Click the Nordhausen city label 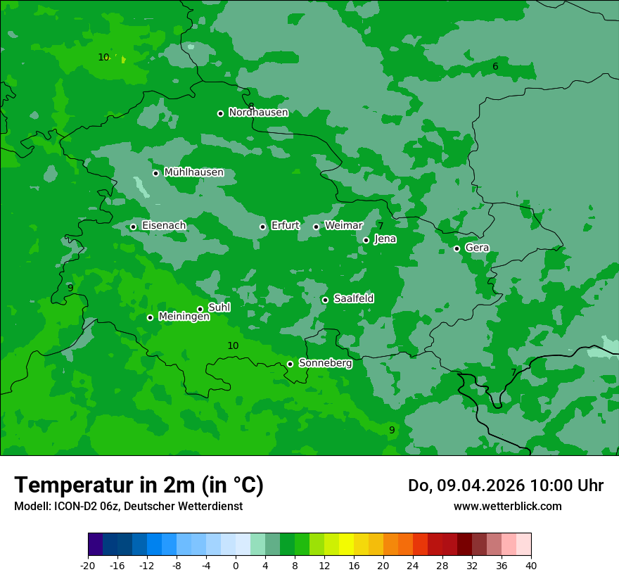[258, 113]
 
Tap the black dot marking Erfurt [262, 227]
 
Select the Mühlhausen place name [193, 172]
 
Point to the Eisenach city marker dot [133, 227]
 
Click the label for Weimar [343, 226]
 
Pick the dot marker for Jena [366, 240]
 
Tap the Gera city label [477, 248]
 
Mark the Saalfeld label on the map [353, 299]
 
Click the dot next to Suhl [200, 309]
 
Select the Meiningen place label [184, 317]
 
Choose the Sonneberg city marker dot [290, 364]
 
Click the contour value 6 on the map [495, 67]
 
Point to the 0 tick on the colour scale [236, 565]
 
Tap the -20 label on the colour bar [88, 565]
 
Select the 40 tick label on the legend [530, 565]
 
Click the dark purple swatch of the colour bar [95, 545]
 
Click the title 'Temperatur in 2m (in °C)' [139, 485]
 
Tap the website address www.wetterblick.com [507, 506]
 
